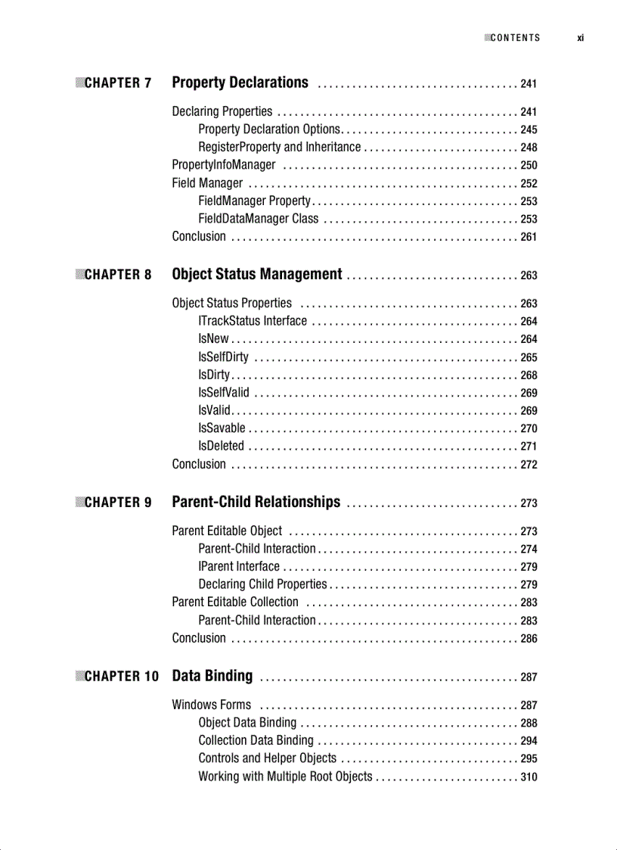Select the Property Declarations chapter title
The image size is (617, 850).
tap(240, 83)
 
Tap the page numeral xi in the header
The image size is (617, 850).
tap(580, 38)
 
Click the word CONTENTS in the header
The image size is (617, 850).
tap(515, 38)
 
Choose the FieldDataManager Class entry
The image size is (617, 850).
tap(258, 219)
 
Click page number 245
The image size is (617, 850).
tap(529, 130)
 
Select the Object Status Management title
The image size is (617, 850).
tap(256, 274)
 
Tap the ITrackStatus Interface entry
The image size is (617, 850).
tap(253, 321)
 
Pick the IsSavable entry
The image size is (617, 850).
tap(222, 428)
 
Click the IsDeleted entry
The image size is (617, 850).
tap(221, 446)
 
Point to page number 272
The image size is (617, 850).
tap(529, 465)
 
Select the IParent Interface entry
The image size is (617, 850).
tap(238, 566)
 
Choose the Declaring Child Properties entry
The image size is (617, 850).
tap(262, 584)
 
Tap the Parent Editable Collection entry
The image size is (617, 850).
tap(235, 602)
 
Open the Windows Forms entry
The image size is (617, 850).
tap(211, 705)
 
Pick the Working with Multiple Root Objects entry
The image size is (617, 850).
tap(285, 777)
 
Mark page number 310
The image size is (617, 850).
tap(529, 777)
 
